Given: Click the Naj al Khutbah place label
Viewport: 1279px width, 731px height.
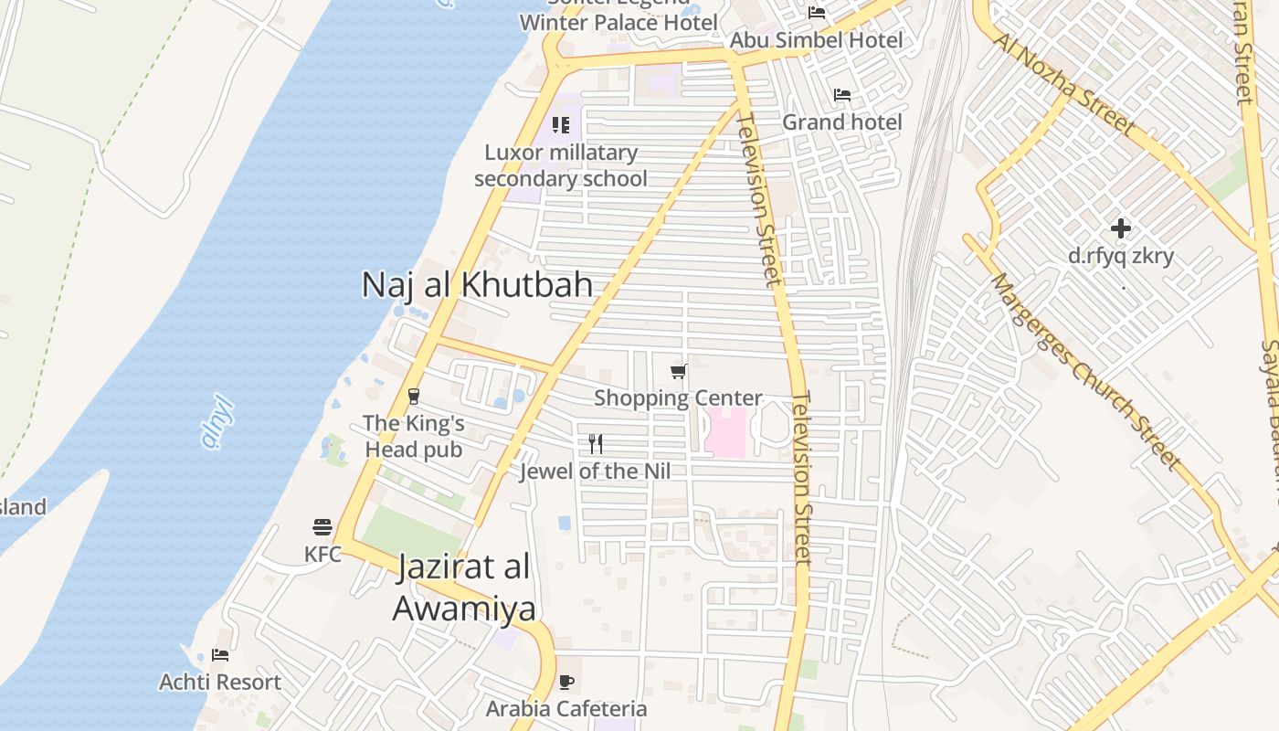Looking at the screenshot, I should pyautogui.click(x=477, y=284).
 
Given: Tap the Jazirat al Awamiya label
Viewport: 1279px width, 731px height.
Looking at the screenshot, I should pyautogui.click(x=464, y=587).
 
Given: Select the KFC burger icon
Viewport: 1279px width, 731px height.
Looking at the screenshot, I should pyautogui.click(x=322, y=527).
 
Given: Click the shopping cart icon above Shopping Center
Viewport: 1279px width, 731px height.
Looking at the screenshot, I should pyautogui.click(x=678, y=371).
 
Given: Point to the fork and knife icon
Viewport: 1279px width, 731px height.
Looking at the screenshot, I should pyautogui.click(x=596, y=444).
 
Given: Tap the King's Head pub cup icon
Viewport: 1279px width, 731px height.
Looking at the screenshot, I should pyautogui.click(x=414, y=396).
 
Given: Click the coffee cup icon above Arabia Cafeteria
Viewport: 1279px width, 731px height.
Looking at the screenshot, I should pyautogui.click(x=566, y=682).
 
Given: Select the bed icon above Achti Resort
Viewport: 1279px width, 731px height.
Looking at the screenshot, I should pyautogui.click(x=219, y=655).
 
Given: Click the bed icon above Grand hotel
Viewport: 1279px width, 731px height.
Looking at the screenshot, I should pyautogui.click(x=842, y=95).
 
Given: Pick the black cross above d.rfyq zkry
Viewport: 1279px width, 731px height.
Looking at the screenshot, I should pyautogui.click(x=1121, y=228).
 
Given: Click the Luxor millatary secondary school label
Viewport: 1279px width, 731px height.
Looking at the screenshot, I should pyautogui.click(x=561, y=165).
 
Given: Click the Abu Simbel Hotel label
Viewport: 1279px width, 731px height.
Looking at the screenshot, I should pyautogui.click(x=816, y=40).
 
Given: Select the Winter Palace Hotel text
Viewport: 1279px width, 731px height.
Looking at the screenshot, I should pyautogui.click(x=618, y=22).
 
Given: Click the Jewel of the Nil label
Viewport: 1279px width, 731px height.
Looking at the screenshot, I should pyautogui.click(x=595, y=471).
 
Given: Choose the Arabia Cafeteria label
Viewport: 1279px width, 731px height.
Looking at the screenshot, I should pyautogui.click(x=566, y=708).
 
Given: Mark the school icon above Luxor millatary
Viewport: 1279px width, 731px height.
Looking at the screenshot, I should pyautogui.click(x=561, y=125).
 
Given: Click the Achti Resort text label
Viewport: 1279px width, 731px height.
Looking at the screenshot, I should pyautogui.click(x=220, y=682).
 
